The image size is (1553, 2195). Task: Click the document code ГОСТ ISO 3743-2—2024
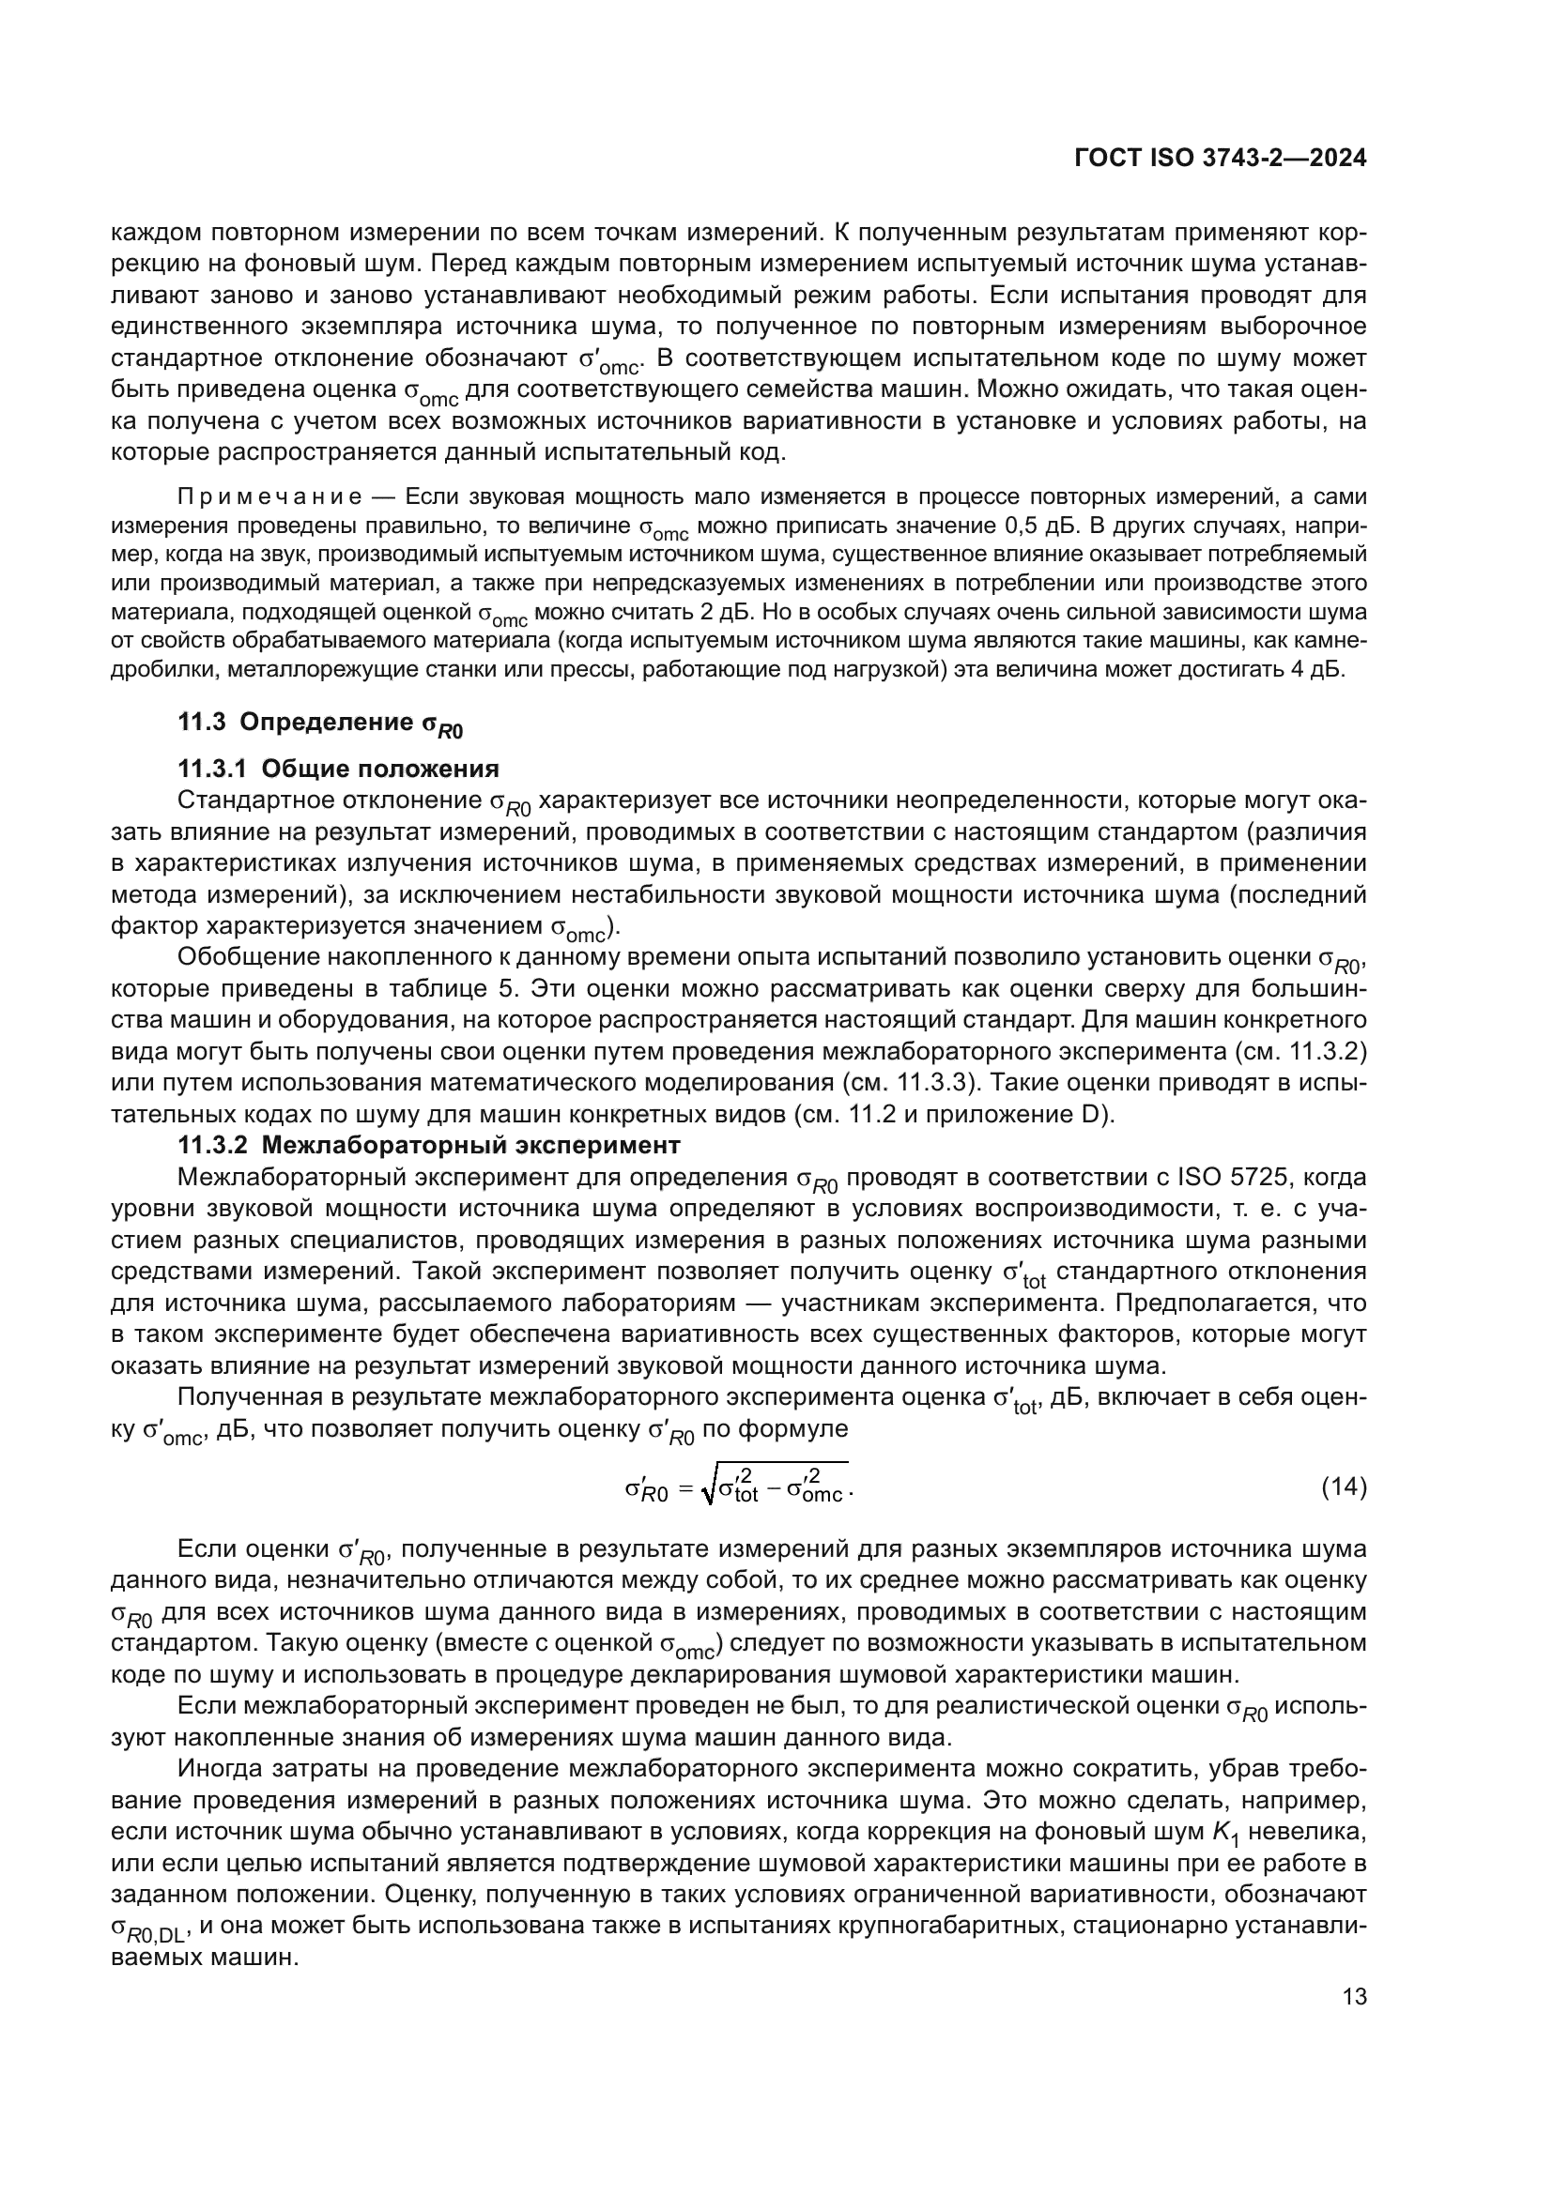point(1221,159)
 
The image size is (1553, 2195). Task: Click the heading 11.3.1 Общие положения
point(339,769)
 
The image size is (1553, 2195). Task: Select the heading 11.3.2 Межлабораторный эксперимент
point(429,1144)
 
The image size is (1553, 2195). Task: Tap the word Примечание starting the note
point(269,497)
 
